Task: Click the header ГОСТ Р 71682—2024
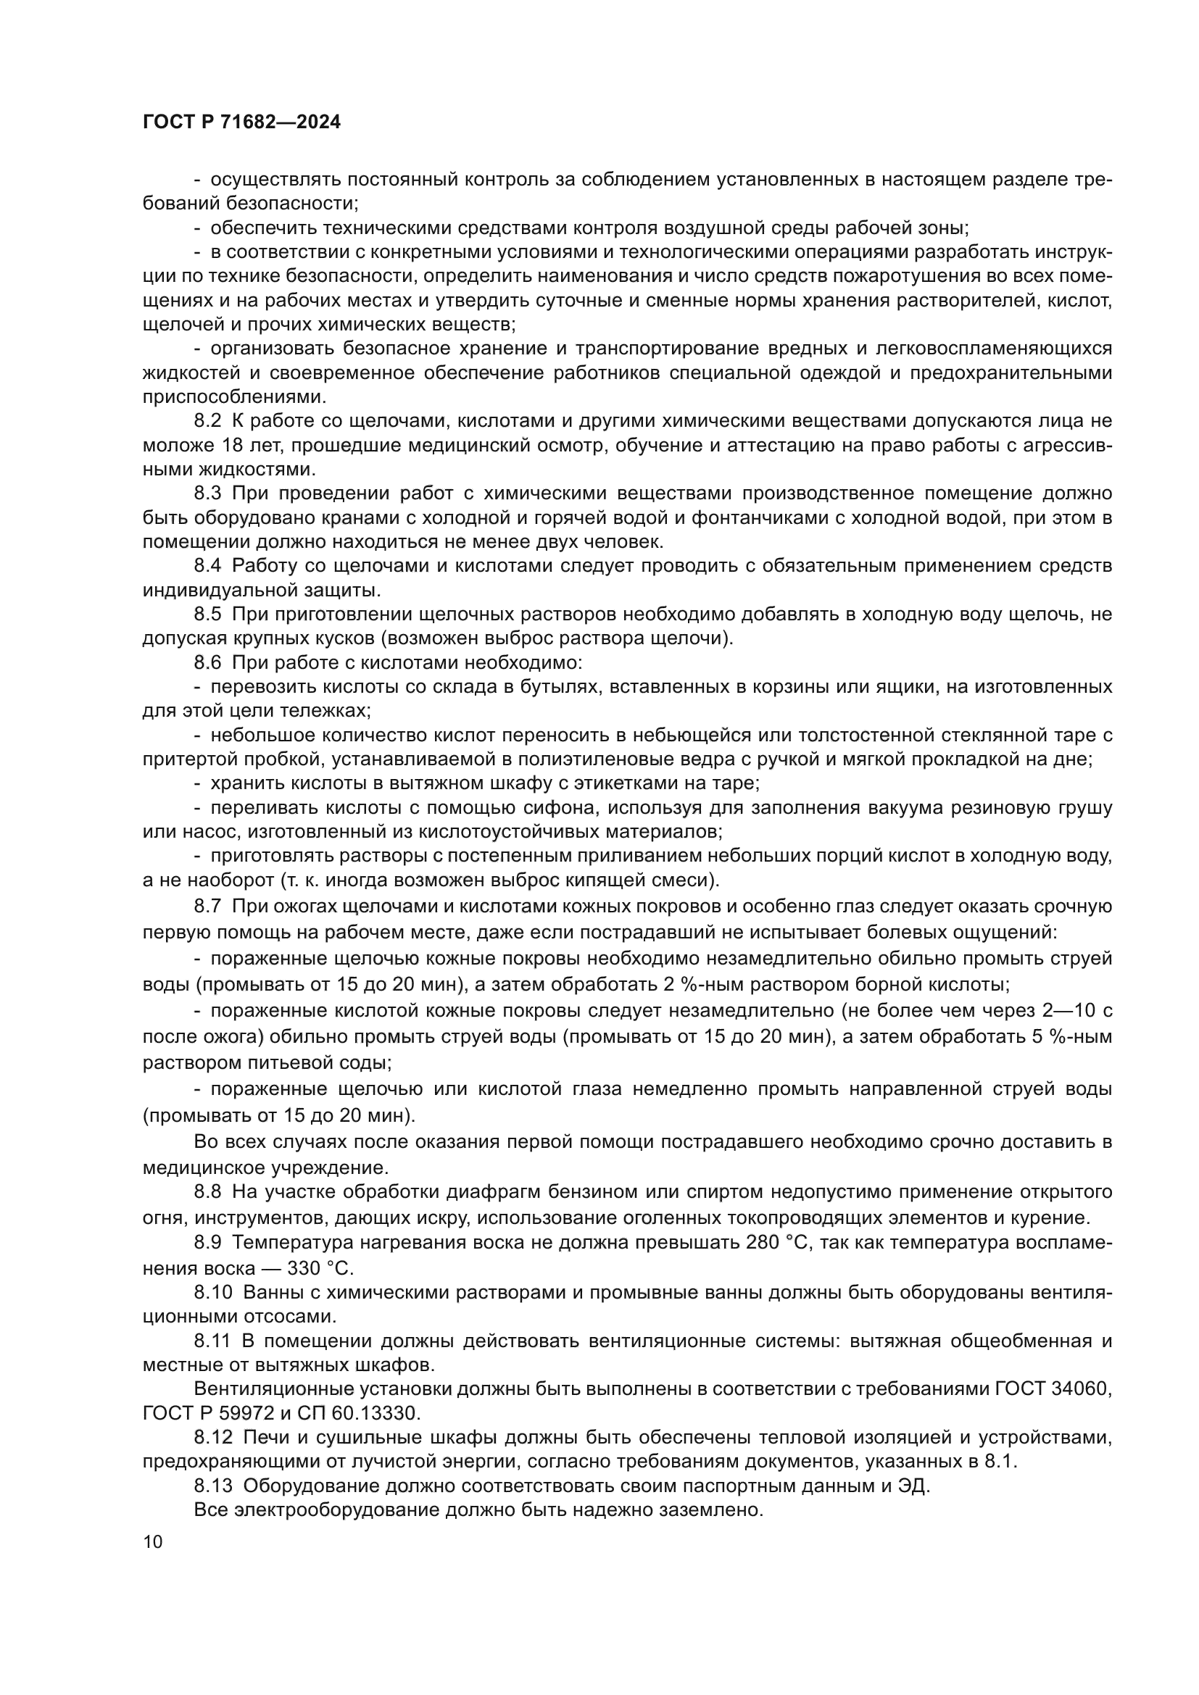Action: point(241,122)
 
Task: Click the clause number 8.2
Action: point(207,421)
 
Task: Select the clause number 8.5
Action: point(207,615)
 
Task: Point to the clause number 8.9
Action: point(207,1243)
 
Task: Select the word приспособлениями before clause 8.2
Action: point(234,396)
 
